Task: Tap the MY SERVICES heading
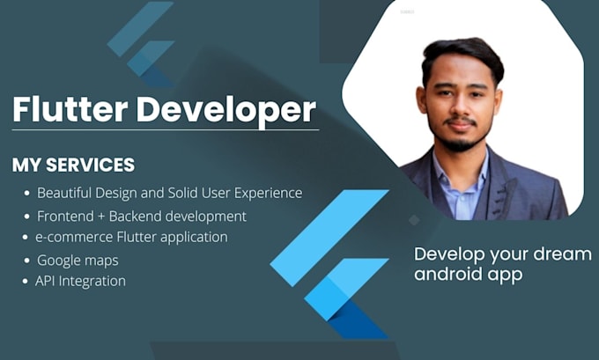73,165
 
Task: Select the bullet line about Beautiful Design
169,193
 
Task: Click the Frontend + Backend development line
141,216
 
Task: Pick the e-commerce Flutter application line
131,237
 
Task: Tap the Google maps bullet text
78,261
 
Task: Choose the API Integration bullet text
80,282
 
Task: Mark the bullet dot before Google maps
25,261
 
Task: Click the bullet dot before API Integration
25,282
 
